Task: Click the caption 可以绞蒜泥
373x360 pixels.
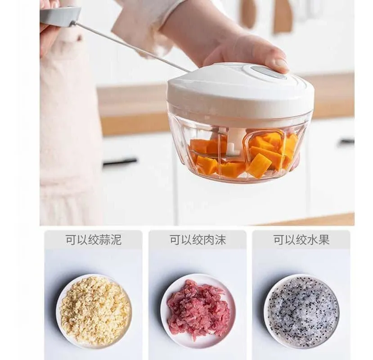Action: [94, 239]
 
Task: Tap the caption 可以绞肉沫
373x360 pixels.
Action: [198, 239]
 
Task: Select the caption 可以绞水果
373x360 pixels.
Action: [301, 239]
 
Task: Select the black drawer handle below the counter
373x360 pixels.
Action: [120, 162]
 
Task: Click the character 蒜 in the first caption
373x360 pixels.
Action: [105, 239]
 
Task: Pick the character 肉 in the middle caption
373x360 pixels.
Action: [209, 239]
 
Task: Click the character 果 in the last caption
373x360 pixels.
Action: [324, 239]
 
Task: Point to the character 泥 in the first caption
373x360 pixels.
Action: [117, 239]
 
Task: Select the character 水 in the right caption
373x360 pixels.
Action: [313, 239]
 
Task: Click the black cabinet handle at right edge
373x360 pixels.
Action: [346, 142]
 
